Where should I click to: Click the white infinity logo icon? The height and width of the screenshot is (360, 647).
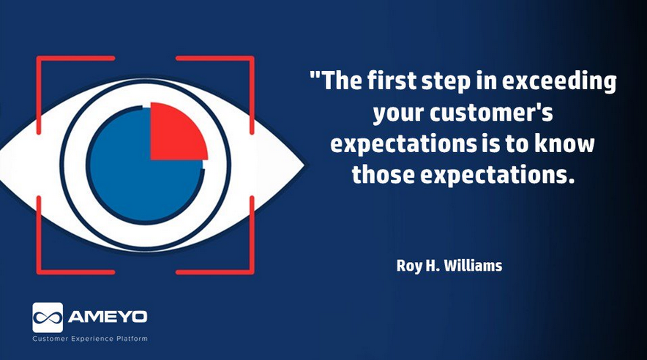(x=48, y=318)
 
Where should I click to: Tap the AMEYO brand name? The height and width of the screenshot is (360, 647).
(x=108, y=317)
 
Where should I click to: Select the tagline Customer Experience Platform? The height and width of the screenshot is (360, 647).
(x=90, y=339)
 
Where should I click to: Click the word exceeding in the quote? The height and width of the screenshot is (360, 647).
(x=559, y=82)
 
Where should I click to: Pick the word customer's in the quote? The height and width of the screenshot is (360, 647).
(x=491, y=113)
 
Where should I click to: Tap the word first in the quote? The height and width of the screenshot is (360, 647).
(x=392, y=80)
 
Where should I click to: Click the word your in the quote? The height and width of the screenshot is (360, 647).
(x=399, y=114)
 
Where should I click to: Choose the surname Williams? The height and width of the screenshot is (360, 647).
(x=473, y=265)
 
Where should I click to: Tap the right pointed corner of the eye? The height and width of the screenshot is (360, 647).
(x=304, y=165)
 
